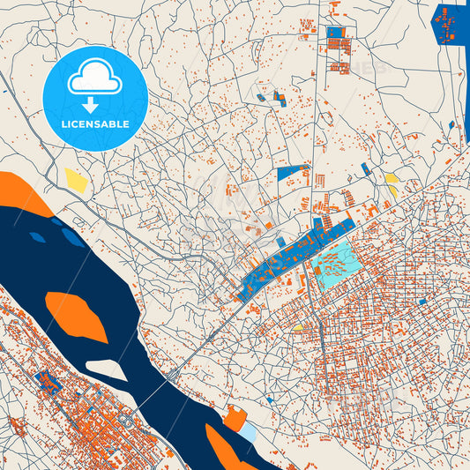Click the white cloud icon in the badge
click(94, 78)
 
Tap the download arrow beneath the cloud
click(94, 105)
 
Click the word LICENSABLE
click(94, 124)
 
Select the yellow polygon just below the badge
click(76, 180)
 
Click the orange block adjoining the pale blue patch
click(234, 418)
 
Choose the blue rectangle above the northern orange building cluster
click(336, 33)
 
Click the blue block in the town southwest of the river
click(45, 381)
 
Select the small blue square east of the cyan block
click(422, 302)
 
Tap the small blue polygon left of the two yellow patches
click(365, 168)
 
